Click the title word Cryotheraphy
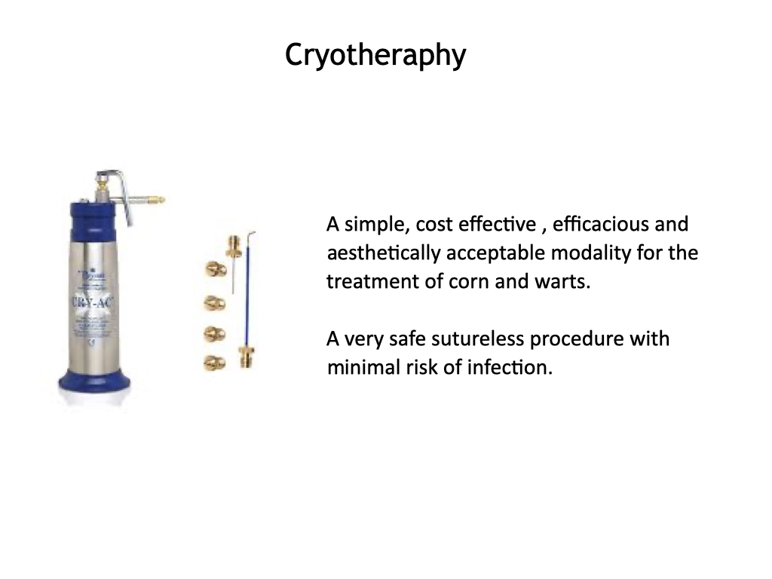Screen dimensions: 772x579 [x=375, y=55]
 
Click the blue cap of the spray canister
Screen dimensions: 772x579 [x=95, y=219]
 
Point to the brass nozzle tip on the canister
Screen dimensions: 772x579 [x=158, y=201]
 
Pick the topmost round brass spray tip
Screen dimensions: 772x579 [x=216, y=269]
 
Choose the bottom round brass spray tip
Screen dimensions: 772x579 [x=215, y=363]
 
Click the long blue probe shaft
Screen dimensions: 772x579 [x=247, y=296]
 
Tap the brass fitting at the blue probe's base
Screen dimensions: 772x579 [x=247, y=357]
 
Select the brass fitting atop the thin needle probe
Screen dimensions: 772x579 [x=234, y=246]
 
